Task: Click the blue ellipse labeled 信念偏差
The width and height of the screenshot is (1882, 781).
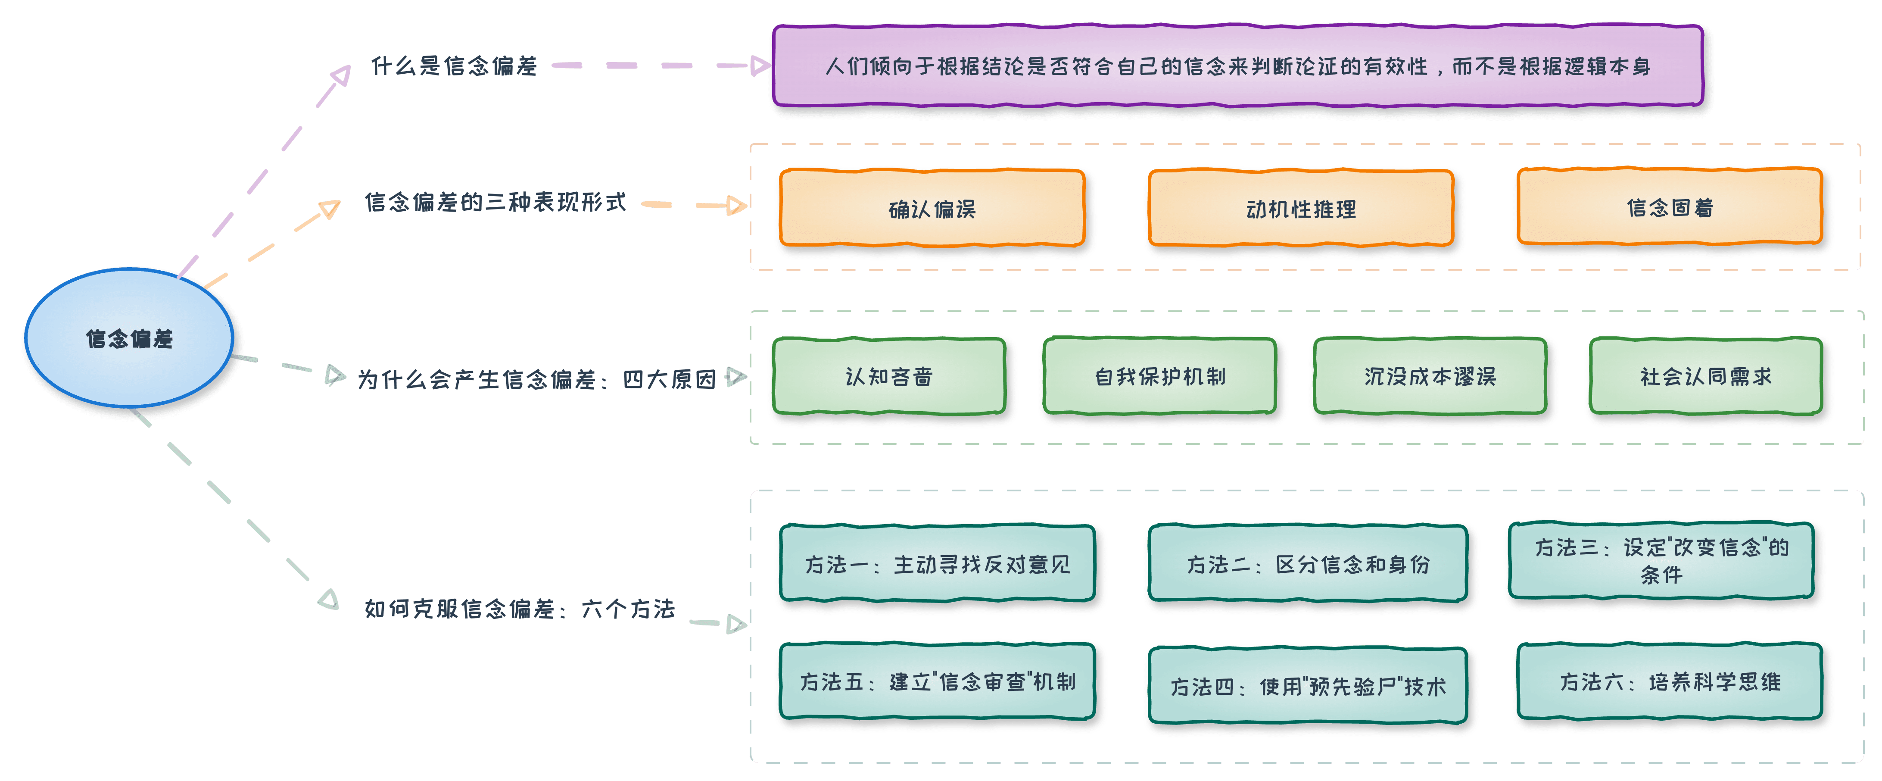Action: [x=129, y=338]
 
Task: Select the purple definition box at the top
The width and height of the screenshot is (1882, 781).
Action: [x=1237, y=66]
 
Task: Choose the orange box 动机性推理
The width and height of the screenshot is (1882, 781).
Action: [x=1300, y=209]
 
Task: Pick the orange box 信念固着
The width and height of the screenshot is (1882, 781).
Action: [x=1670, y=207]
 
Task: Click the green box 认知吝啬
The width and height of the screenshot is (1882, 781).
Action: [x=889, y=376]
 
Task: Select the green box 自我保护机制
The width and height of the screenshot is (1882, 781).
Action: [x=1159, y=376]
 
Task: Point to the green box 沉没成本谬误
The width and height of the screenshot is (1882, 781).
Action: [x=1430, y=376]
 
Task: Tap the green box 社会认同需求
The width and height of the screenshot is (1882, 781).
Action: [x=1705, y=376]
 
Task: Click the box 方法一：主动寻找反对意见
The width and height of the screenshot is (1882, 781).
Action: [x=938, y=563]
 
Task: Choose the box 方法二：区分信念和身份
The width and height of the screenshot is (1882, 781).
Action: [x=1307, y=563]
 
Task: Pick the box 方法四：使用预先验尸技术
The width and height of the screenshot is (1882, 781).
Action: [x=1307, y=685]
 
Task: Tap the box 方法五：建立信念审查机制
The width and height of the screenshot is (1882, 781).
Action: [x=938, y=681]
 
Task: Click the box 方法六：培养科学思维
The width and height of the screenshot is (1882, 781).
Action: [x=1670, y=681]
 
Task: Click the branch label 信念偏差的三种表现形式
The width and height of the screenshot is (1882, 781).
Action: [x=495, y=203]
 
